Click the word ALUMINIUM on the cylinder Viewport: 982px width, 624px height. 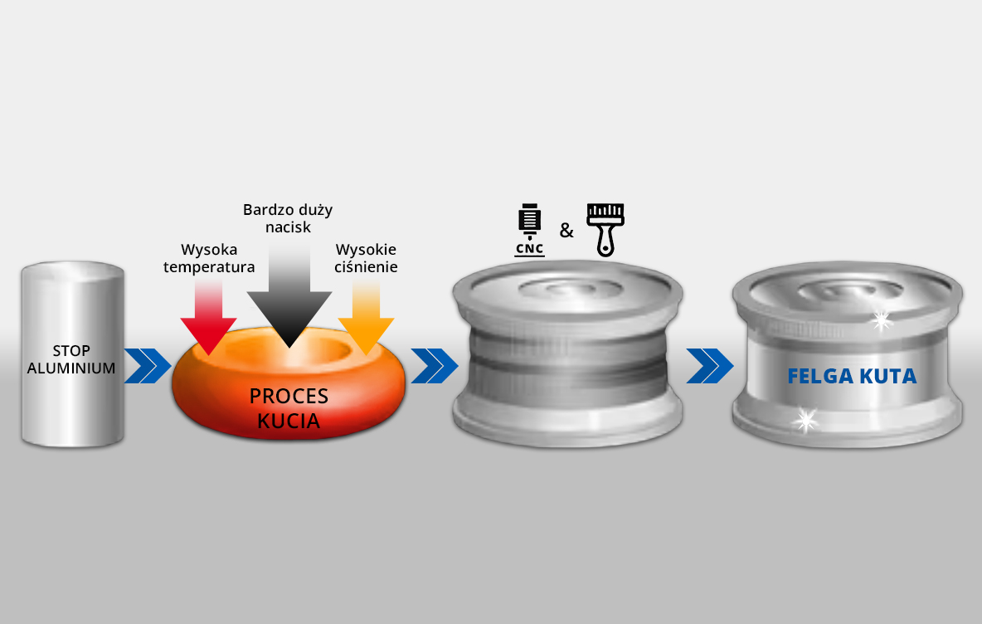71,368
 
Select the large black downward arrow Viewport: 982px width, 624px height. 289,299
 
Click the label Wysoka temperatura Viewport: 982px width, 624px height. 209,258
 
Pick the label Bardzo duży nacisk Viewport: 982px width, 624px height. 288,218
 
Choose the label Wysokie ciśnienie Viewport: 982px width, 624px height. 366,258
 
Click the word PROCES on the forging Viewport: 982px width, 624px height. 289,397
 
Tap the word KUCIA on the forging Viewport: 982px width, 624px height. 289,420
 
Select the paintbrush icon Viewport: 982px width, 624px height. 605,229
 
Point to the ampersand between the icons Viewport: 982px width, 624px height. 566,231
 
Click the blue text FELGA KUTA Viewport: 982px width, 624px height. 852,377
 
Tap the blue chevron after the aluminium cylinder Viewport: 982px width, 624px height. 148,366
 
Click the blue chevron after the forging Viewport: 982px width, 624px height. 434,366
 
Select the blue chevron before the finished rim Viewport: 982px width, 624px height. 710,366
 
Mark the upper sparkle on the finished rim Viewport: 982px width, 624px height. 882,319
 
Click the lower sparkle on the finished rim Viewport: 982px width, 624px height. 804,421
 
